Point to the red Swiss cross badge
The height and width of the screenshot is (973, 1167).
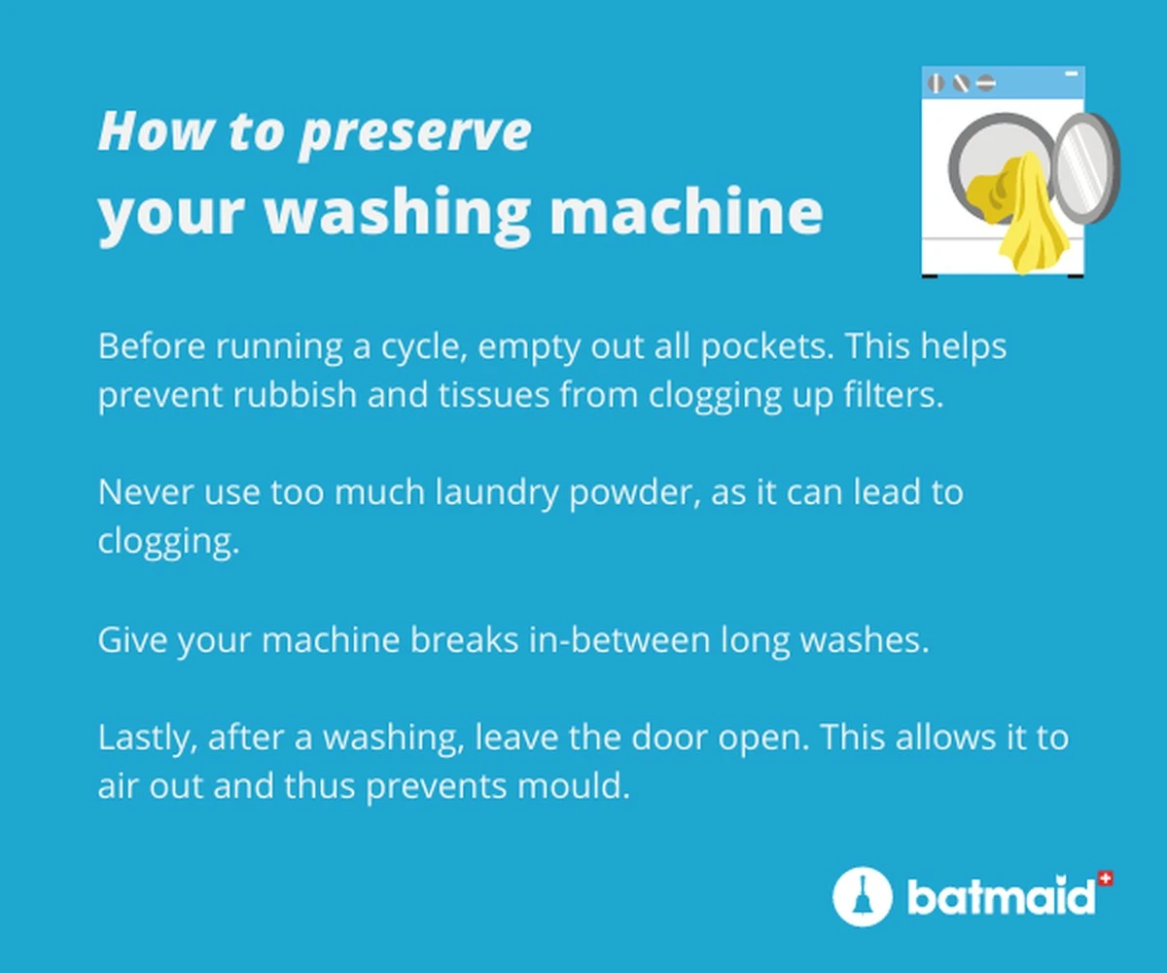(1104, 879)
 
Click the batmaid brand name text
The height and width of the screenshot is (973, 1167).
(1000, 897)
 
